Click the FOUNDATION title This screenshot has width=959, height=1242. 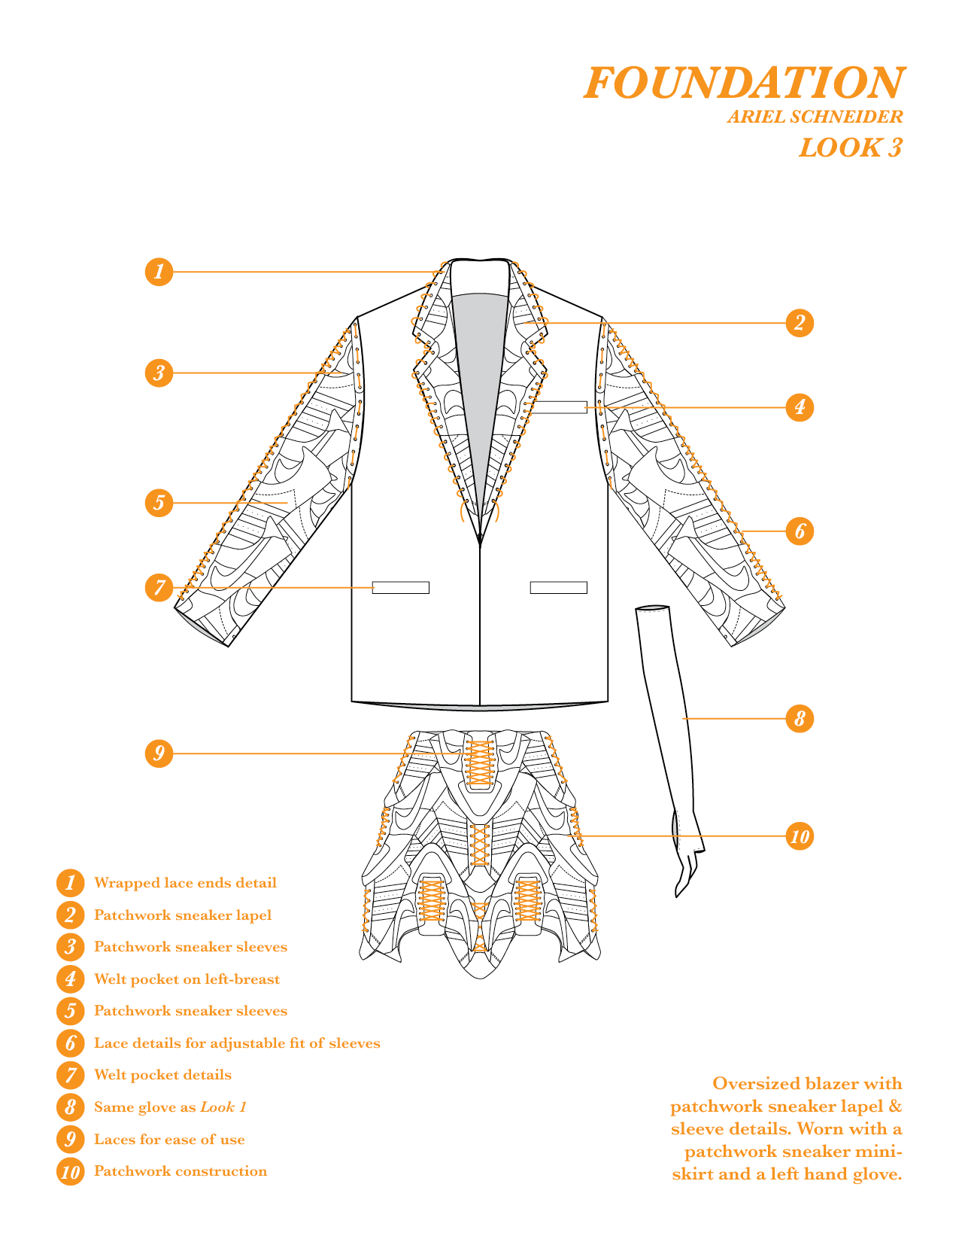click(744, 83)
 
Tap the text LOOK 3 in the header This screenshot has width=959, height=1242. click(850, 148)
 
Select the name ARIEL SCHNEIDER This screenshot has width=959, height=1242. click(815, 117)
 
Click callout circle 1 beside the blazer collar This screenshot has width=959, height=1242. click(159, 272)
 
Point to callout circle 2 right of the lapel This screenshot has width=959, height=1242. click(800, 323)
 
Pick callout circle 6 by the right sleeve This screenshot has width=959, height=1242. click(800, 531)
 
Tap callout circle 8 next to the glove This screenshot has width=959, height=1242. click(800, 719)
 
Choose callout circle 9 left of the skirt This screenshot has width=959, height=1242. click(159, 753)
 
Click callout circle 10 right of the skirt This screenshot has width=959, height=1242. click(800, 836)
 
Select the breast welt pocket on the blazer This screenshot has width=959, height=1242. click(558, 407)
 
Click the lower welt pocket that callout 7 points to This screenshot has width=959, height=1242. click(400, 588)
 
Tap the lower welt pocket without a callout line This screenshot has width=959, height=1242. click(558, 588)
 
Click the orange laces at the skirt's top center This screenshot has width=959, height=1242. click(479, 763)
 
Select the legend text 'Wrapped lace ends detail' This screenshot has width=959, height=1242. click(185, 883)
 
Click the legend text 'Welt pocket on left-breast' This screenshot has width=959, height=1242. click(187, 979)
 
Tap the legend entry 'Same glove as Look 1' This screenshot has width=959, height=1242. click(170, 1107)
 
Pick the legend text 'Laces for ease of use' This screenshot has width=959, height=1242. click(169, 1140)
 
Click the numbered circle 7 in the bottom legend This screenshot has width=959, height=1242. click(70, 1076)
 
